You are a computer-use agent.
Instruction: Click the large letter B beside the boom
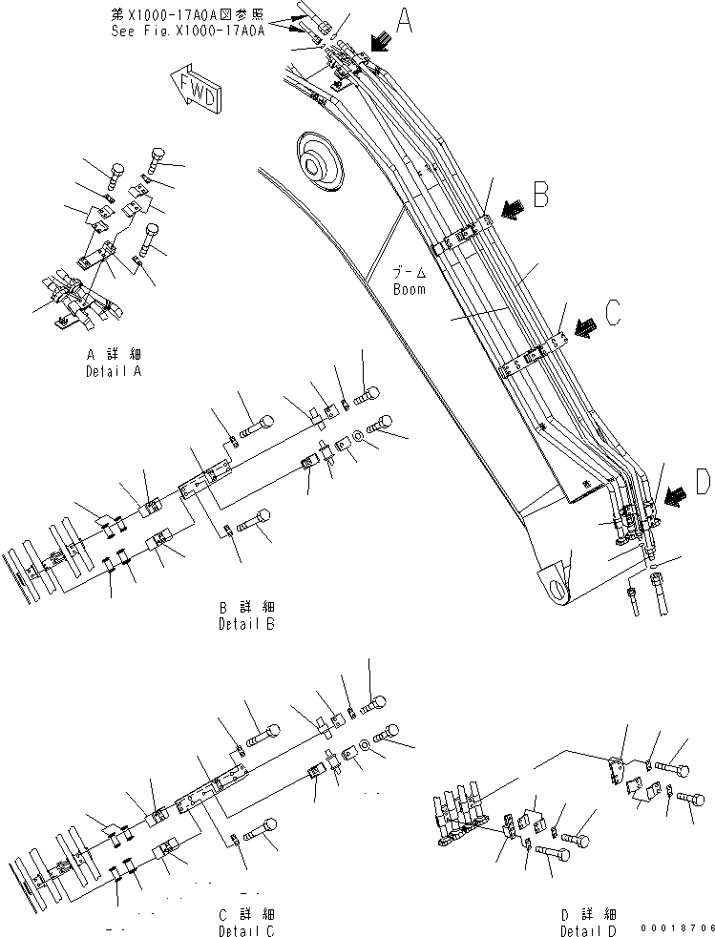(x=541, y=195)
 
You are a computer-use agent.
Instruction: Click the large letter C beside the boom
(x=615, y=312)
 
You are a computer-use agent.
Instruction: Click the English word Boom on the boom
(x=410, y=289)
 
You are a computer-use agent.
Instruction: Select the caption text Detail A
(x=114, y=371)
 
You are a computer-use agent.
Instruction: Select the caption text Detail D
(x=587, y=929)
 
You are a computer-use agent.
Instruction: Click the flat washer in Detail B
(x=355, y=437)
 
